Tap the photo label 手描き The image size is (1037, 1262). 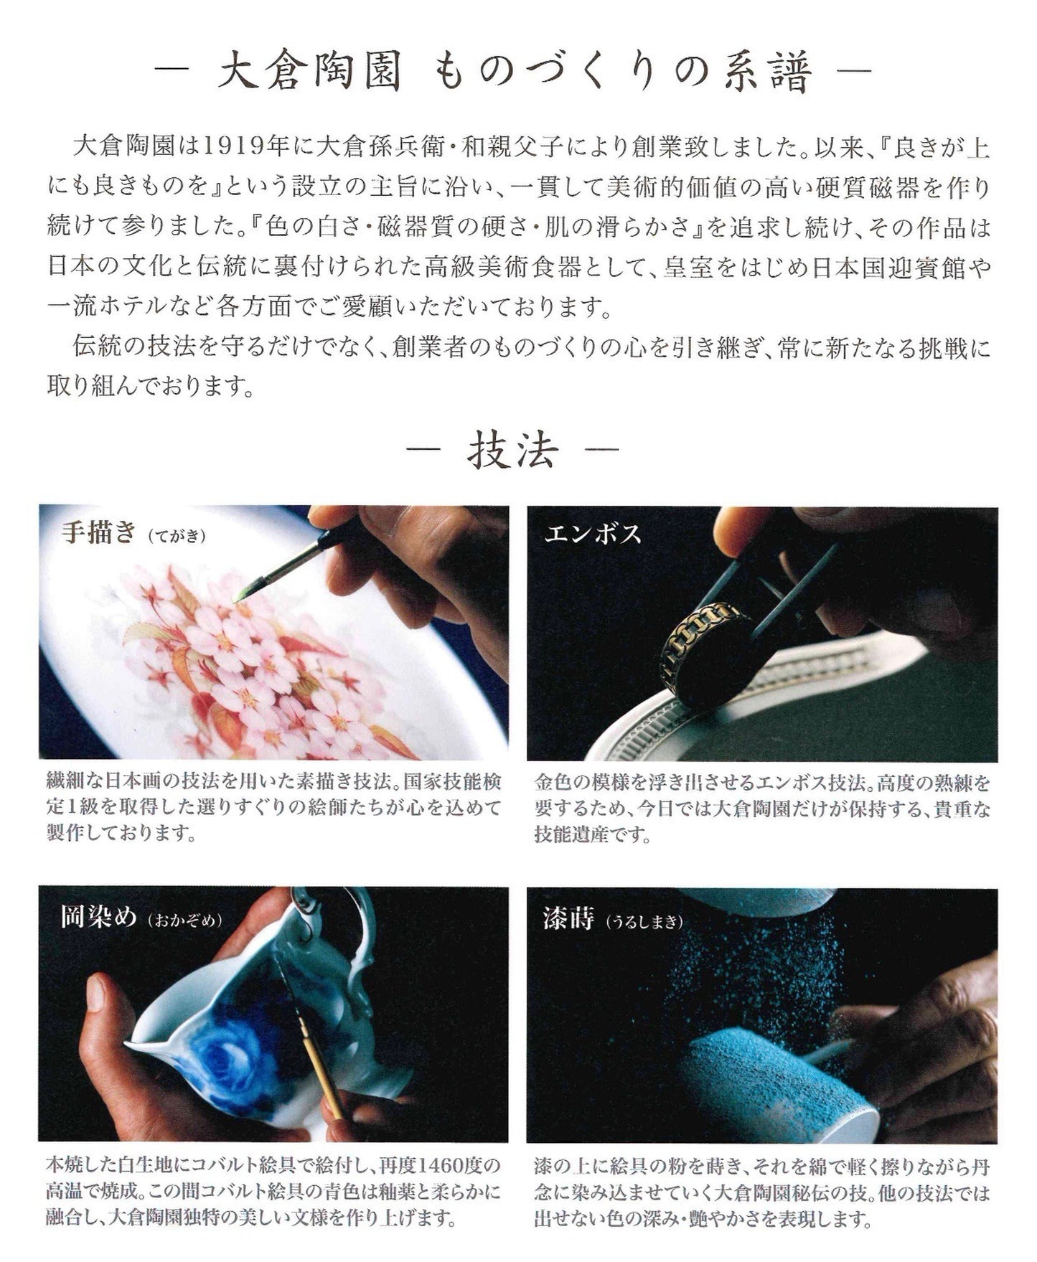pos(98,533)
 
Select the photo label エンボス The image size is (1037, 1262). pos(592,534)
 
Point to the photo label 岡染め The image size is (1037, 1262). pos(98,918)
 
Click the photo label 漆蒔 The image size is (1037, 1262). pos(568,919)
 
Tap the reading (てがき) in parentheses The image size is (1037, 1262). pos(177,536)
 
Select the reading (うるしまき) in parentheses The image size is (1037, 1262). pos(644,922)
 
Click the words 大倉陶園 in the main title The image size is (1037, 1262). pos(309,72)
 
